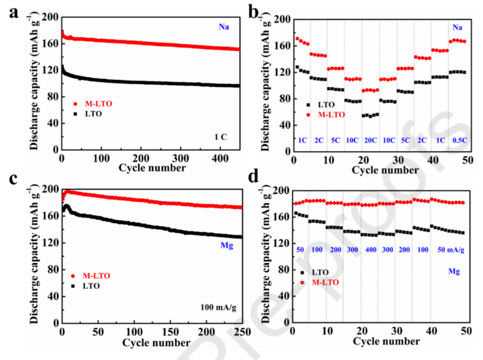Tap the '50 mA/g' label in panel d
[x=450, y=249]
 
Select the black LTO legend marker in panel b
[x=308, y=105]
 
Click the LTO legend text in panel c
[x=92, y=286]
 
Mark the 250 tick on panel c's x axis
[x=241, y=331]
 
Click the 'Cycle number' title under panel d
[x=380, y=341]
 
